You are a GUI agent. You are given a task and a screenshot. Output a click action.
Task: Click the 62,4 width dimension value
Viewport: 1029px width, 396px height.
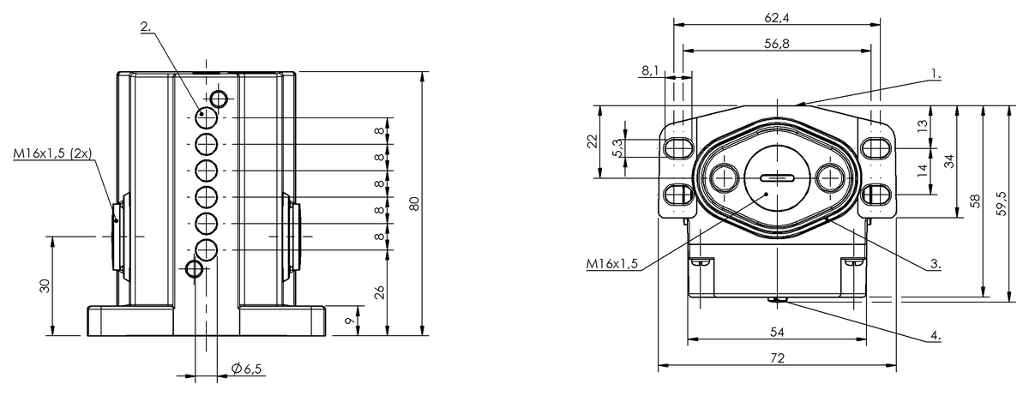[x=777, y=17]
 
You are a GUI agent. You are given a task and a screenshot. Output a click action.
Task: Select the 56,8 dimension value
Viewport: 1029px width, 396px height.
[x=777, y=44]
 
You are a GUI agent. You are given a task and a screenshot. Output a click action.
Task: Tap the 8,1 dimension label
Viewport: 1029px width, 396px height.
[x=650, y=70]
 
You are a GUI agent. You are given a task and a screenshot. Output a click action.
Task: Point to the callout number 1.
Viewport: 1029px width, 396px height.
[x=936, y=74]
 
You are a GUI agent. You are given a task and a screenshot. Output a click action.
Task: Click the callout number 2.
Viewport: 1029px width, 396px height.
[x=146, y=27]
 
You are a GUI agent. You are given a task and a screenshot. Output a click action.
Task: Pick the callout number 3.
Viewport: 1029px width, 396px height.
[x=936, y=264]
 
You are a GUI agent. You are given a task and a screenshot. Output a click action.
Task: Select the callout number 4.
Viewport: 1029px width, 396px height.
[x=936, y=335]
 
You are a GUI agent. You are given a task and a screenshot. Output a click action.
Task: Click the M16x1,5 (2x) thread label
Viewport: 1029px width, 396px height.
[x=52, y=153]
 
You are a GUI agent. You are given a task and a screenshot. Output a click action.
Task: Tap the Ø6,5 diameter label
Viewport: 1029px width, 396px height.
[x=247, y=369]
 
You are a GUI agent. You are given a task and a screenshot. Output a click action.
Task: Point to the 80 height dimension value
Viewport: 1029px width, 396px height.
[x=414, y=203]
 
